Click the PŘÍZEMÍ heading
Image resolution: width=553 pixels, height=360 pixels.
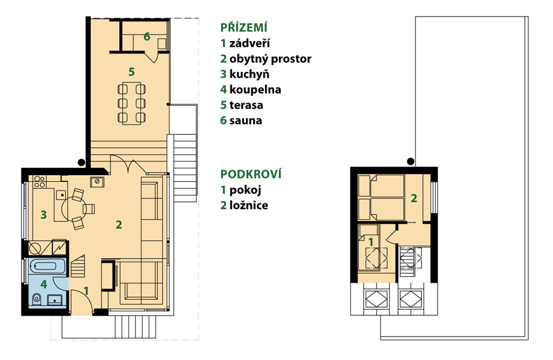244,27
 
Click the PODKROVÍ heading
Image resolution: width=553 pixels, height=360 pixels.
251,174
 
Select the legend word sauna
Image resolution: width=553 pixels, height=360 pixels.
245,120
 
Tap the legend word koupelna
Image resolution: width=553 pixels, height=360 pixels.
255,90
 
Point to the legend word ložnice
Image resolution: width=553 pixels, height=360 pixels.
249,205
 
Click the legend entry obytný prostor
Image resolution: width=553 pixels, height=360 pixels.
270,59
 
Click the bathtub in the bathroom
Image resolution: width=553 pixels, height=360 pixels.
47,266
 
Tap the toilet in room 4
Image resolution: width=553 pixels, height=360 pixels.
37,299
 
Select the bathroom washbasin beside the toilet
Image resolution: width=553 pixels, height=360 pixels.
55,300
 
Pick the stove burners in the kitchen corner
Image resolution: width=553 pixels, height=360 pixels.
39,182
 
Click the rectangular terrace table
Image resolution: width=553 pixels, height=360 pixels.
131,103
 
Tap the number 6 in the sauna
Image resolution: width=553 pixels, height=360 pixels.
147,36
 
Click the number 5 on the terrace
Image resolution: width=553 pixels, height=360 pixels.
131,72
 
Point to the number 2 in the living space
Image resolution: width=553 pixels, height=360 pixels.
119,225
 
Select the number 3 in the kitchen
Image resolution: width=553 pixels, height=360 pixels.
44,214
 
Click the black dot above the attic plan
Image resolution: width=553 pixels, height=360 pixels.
410,162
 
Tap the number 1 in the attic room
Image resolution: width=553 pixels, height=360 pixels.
371,242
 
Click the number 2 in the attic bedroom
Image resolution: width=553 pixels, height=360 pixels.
414,198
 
